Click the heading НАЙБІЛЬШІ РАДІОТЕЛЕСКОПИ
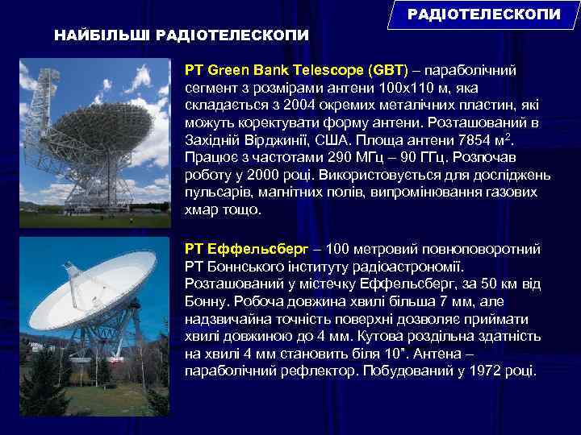click(181, 35)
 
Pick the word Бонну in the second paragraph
click(207, 300)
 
